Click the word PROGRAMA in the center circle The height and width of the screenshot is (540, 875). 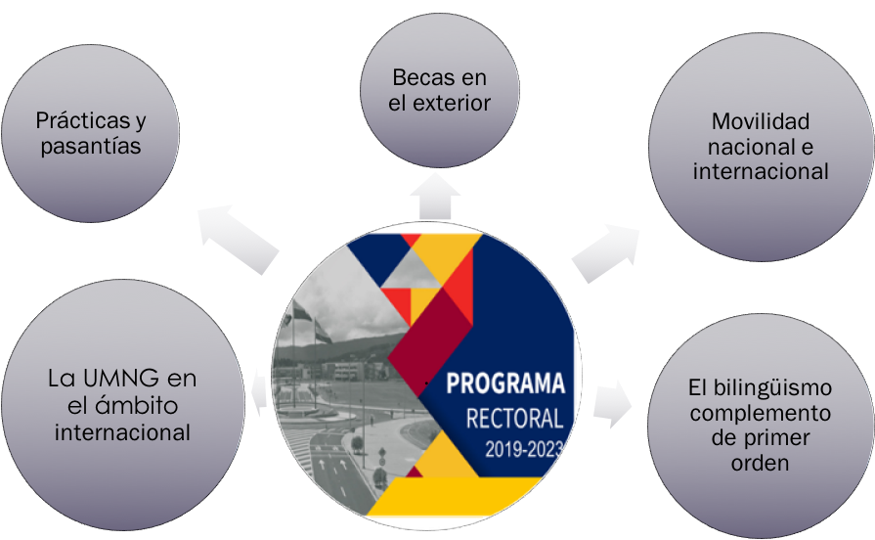pyautogui.click(x=505, y=382)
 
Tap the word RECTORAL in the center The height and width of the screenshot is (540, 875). pyautogui.click(x=514, y=419)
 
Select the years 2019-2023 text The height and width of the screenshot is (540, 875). pyautogui.click(x=523, y=450)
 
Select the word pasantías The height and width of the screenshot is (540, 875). pyautogui.click(x=90, y=147)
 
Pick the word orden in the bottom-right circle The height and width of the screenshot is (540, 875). pyautogui.click(x=760, y=463)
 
